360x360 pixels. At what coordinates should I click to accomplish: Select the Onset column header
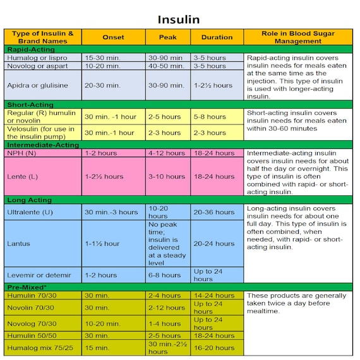tap(113, 37)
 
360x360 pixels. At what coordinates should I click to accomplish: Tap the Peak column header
tap(167, 37)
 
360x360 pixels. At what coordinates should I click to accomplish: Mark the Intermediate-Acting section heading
tap(42, 145)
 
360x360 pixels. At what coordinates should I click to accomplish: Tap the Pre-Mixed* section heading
tap(28, 287)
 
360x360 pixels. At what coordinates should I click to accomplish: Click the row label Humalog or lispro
tap(38, 57)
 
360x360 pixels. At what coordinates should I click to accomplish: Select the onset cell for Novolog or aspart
tap(102, 66)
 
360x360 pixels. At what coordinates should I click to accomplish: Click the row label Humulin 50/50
tap(32, 335)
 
